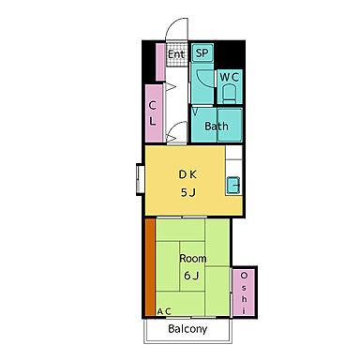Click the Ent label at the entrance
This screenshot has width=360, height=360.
(x=176, y=54)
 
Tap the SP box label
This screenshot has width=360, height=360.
(x=202, y=52)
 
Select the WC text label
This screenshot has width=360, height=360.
(x=230, y=77)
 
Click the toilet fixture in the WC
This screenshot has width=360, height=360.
(x=230, y=95)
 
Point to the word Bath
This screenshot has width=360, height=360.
(x=217, y=127)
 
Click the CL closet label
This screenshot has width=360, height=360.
(x=152, y=113)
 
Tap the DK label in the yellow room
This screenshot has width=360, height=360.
(x=187, y=174)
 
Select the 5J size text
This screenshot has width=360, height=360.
(x=188, y=192)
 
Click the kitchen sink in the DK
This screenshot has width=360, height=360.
(x=233, y=186)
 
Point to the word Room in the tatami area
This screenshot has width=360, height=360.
(x=193, y=259)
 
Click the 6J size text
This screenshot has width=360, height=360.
(x=191, y=276)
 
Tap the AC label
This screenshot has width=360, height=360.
(x=164, y=311)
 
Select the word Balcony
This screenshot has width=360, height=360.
(x=187, y=329)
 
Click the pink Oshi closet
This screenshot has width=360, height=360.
(x=244, y=292)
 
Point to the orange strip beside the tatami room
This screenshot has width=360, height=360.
(x=150, y=267)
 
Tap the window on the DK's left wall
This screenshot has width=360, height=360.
(x=140, y=179)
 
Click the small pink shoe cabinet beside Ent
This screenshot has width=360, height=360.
(x=160, y=62)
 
